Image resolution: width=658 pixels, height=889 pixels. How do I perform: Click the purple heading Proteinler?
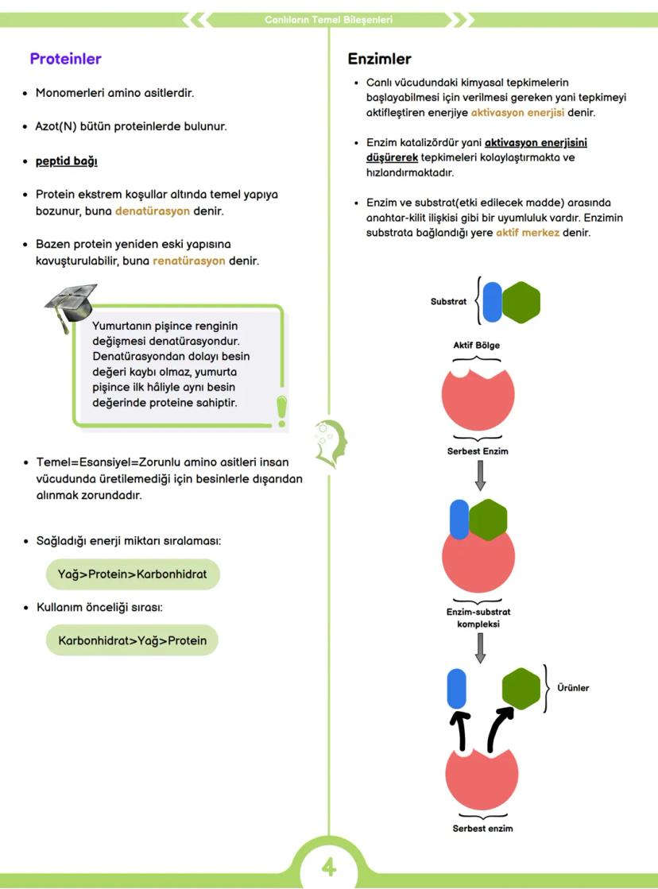(65, 59)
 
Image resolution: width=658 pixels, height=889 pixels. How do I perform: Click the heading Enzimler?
(379, 59)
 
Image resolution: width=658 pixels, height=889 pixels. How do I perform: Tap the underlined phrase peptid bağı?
(67, 160)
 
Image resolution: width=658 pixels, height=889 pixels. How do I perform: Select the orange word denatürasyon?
(153, 211)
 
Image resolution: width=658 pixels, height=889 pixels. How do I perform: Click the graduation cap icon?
(69, 304)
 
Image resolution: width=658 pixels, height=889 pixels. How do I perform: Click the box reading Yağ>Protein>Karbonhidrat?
(132, 574)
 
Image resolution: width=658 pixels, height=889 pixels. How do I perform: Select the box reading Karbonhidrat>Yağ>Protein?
(132, 640)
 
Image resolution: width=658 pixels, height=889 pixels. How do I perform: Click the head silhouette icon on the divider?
(330, 442)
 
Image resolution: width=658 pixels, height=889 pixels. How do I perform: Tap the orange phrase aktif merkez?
(528, 234)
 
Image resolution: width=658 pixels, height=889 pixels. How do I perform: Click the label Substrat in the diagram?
(448, 302)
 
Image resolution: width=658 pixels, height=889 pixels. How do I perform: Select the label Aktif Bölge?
(476, 345)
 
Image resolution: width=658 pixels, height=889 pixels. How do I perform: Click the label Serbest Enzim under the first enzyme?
(478, 451)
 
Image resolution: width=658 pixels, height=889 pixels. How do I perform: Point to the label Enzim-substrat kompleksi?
(478, 617)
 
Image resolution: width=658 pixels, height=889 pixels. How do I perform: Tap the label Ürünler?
(573, 688)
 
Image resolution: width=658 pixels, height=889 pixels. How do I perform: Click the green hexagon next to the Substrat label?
(521, 302)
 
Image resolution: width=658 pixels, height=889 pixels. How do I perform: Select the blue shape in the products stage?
(456, 688)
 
